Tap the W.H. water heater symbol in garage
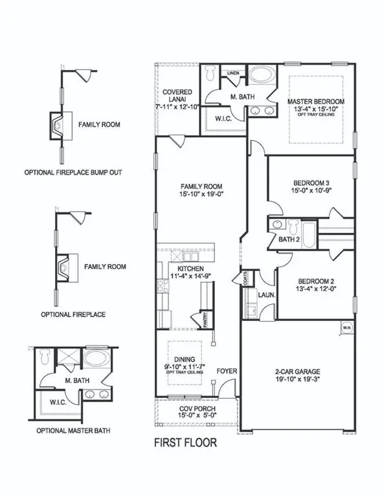346,327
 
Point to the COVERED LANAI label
180,93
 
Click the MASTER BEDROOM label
315,102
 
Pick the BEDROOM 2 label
315,281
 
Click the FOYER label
225,372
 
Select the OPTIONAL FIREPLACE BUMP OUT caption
73,173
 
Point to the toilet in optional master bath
45,355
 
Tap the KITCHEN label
186,268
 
